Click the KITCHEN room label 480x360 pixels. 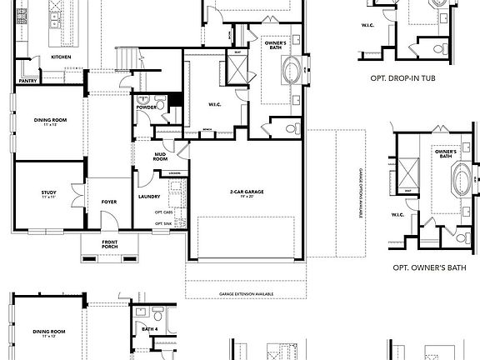pyautogui.click(x=61, y=57)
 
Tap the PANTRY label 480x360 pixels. pyautogui.click(x=27, y=82)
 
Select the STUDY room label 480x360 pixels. pyautogui.click(x=49, y=194)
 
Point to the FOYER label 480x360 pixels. pyautogui.click(x=109, y=200)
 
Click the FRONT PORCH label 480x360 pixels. pyautogui.click(x=110, y=244)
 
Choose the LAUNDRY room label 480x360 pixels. pyautogui.click(x=150, y=197)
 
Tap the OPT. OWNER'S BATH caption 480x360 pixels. pyautogui.click(x=427, y=269)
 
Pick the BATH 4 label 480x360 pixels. pyautogui.click(x=150, y=330)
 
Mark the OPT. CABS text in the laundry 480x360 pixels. pyautogui.click(x=163, y=212)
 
